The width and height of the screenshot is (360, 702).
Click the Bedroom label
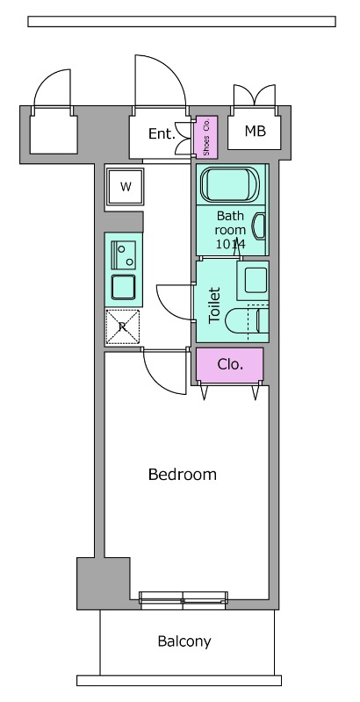click(183, 474)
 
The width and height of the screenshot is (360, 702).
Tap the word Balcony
click(184, 641)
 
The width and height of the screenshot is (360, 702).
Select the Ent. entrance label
click(162, 133)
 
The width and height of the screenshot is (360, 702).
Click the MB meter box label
click(256, 131)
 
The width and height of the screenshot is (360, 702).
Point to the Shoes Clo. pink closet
click(206, 137)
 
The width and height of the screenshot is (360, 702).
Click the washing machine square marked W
click(126, 187)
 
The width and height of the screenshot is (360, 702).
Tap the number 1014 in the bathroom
click(231, 245)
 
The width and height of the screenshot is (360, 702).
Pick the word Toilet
click(215, 305)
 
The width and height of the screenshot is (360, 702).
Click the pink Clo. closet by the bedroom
click(230, 365)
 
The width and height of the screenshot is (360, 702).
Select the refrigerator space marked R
click(123, 327)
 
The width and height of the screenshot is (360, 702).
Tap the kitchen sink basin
click(124, 287)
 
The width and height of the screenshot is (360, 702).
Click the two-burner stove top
click(124, 254)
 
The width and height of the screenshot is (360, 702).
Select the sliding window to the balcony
click(184, 600)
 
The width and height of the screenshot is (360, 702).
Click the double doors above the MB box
click(255, 96)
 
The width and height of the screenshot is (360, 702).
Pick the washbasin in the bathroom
click(259, 226)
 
